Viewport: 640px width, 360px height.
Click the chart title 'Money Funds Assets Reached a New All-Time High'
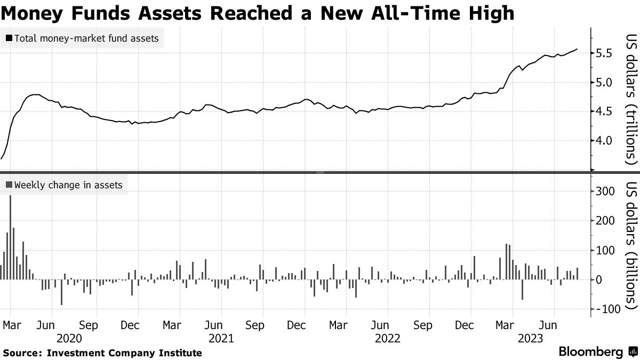[258, 13]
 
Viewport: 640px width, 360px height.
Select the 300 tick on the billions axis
[606, 191]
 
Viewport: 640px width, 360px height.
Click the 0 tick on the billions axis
[599, 279]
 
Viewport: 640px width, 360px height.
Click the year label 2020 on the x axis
[70, 338]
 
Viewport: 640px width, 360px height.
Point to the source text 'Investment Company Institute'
[124, 353]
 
